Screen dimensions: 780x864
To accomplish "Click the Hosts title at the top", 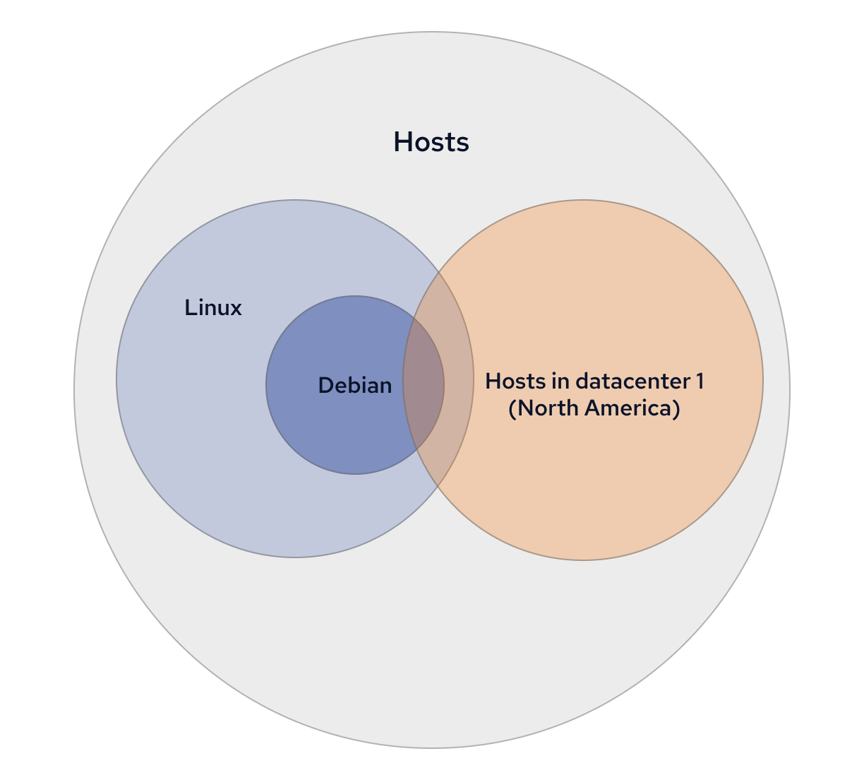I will [431, 142].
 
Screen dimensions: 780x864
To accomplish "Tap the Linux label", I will [213, 308].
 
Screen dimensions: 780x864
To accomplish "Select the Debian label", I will [355, 385].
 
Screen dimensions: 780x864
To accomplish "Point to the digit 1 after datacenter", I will [700, 382].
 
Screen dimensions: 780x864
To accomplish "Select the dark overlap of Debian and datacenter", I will [424, 385].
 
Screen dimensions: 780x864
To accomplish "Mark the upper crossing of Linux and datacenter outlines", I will [438, 271].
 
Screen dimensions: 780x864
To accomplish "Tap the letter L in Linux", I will [189, 308].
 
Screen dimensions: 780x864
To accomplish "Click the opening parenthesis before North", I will [512, 408].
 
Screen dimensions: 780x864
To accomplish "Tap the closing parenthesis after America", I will [676, 408].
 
